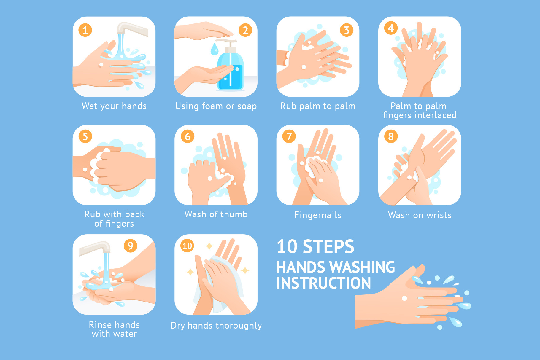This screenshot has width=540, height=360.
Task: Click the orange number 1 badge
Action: pyautogui.click(x=85, y=30)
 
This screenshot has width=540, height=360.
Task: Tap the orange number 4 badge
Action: pyautogui.click(x=391, y=28)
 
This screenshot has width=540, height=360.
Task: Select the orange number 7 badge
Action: pyautogui.click(x=289, y=136)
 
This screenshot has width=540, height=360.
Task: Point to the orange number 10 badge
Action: pyautogui.click(x=187, y=246)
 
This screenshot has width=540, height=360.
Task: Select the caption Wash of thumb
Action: pyautogui.click(x=216, y=214)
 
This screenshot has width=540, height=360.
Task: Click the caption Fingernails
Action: pyautogui.click(x=318, y=215)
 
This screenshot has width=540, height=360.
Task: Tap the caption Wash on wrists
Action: pyautogui.click(x=420, y=215)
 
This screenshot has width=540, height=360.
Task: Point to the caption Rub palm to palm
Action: pyautogui.click(x=318, y=106)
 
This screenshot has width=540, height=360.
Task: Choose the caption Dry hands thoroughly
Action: pyautogui.click(x=216, y=325)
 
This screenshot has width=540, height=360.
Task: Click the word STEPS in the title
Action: pyautogui.click(x=328, y=246)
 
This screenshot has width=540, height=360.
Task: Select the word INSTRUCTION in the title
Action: pyautogui.click(x=323, y=283)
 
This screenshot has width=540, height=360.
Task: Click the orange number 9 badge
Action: pyautogui.click(x=130, y=246)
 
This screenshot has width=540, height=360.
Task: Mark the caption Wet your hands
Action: pyautogui.click(x=114, y=106)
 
